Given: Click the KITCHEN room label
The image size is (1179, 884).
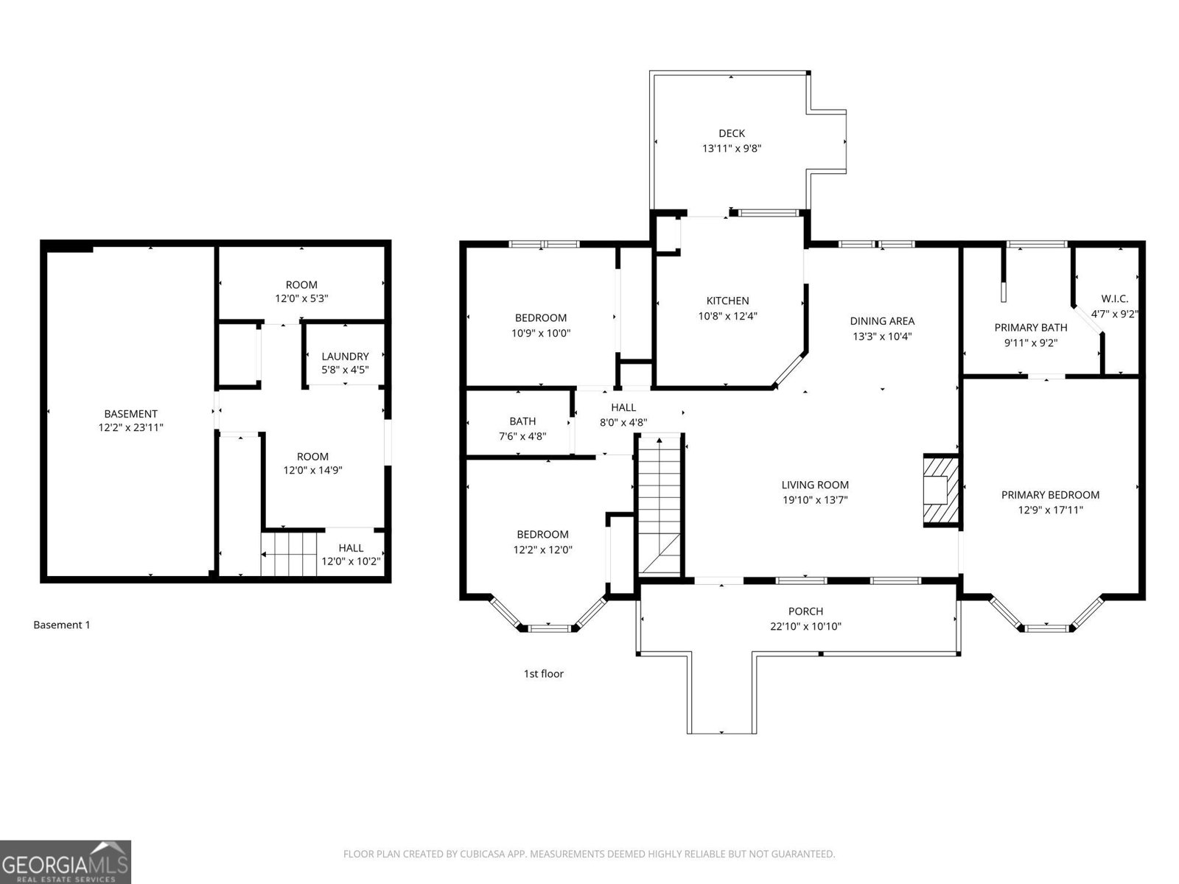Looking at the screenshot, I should tap(727, 301).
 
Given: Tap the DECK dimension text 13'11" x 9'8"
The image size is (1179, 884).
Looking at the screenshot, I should tap(731, 148).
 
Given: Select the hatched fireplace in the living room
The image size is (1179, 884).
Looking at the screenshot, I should tap(940, 491).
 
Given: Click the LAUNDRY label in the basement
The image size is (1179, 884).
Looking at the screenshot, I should tap(345, 357).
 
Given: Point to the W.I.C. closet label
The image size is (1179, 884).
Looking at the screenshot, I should tap(1114, 299).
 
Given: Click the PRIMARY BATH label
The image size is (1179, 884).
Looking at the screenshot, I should tap(1030, 328).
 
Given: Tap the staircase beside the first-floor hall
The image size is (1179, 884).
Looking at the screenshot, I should tap(660, 505).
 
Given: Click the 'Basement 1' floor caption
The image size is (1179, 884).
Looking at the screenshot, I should tap(62, 625).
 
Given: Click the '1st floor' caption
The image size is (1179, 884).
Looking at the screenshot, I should tap(543, 673).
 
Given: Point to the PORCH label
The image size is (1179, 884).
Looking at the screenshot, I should tap(805, 611).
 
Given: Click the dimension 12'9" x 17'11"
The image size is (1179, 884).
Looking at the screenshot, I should tap(1050, 510).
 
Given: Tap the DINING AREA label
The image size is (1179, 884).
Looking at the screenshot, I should tap(882, 321).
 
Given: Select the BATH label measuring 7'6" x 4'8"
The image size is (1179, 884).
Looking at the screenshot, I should tap(522, 421).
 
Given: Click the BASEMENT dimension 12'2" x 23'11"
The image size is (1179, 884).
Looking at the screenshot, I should tap(130, 427).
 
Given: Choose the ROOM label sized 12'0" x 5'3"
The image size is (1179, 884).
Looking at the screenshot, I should tap(301, 285).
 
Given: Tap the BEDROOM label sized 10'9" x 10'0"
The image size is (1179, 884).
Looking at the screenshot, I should tap(541, 318).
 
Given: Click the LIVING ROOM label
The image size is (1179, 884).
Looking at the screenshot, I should tap(815, 485).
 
